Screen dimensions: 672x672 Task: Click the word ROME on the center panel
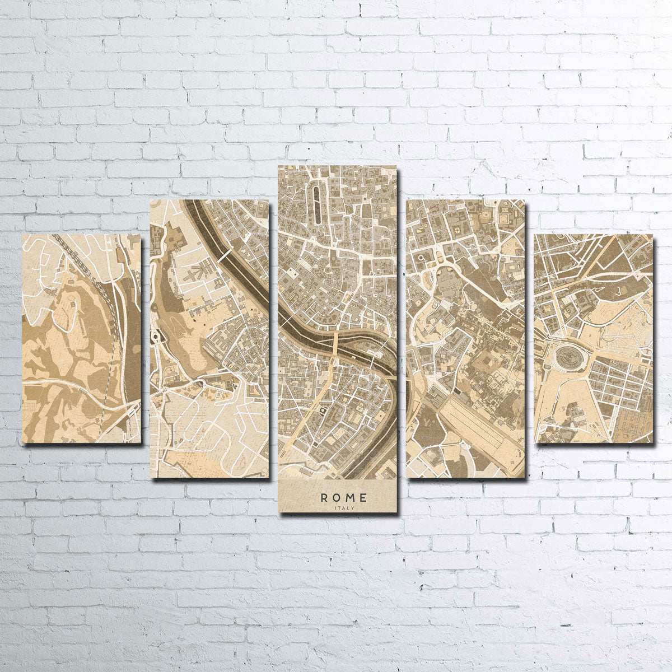(344, 497)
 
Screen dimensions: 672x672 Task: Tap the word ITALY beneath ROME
(344, 508)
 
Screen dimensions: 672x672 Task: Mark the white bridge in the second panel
(224, 255)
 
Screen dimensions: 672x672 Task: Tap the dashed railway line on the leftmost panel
(106, 302)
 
